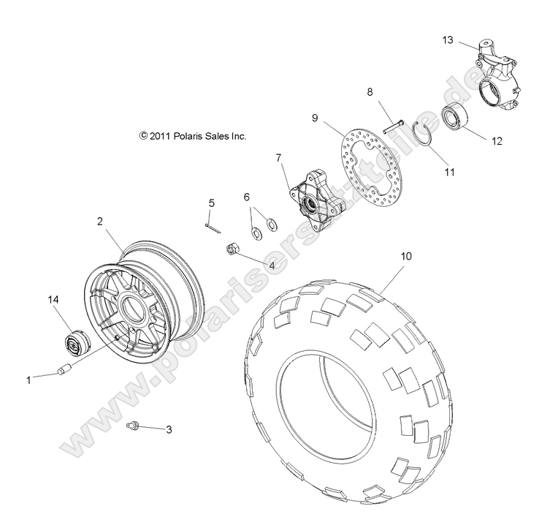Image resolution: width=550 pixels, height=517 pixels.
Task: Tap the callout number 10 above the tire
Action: tap(406, 256)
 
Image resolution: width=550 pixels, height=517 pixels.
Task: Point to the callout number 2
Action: tap(101, 219)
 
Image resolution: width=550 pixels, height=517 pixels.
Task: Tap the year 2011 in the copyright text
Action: tap(161, 136)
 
